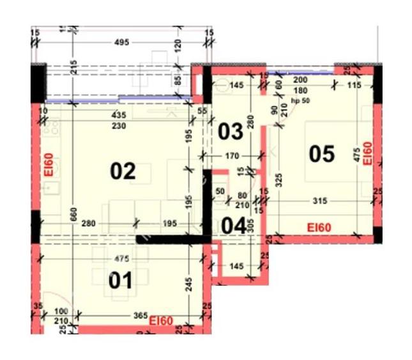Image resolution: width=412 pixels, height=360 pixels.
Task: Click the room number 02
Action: pos(123,171)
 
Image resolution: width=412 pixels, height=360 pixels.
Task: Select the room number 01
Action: pos(120,280)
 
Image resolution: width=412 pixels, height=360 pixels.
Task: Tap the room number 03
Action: pos(231,132)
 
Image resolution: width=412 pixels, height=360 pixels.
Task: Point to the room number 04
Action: pos(233,225)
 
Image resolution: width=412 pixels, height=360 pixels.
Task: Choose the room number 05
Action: pos(322,153)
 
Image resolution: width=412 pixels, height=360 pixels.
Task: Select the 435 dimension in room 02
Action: pos(118,115)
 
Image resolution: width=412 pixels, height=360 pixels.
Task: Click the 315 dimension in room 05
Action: pos(321,201)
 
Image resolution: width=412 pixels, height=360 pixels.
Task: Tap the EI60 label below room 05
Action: pos(319,227)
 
